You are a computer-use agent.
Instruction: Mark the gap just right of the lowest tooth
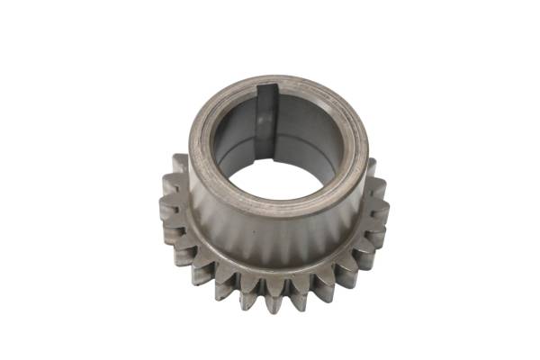coord(283,288)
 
